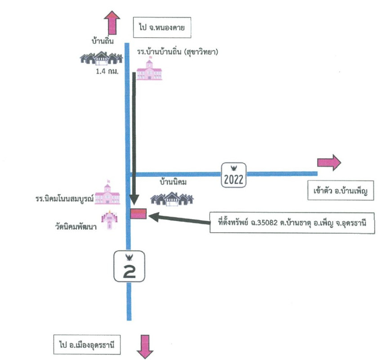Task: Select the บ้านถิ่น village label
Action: (x=101, y=42)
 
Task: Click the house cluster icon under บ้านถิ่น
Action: (x=101, y=58)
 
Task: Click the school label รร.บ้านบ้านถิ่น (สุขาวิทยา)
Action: (x=178, y=53)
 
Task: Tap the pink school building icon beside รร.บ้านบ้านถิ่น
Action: (x=150, y=69)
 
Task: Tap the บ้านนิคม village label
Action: (x=173, y=183)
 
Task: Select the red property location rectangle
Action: (x=138, y=213)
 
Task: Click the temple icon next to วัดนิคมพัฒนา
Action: (x=109, y=220)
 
